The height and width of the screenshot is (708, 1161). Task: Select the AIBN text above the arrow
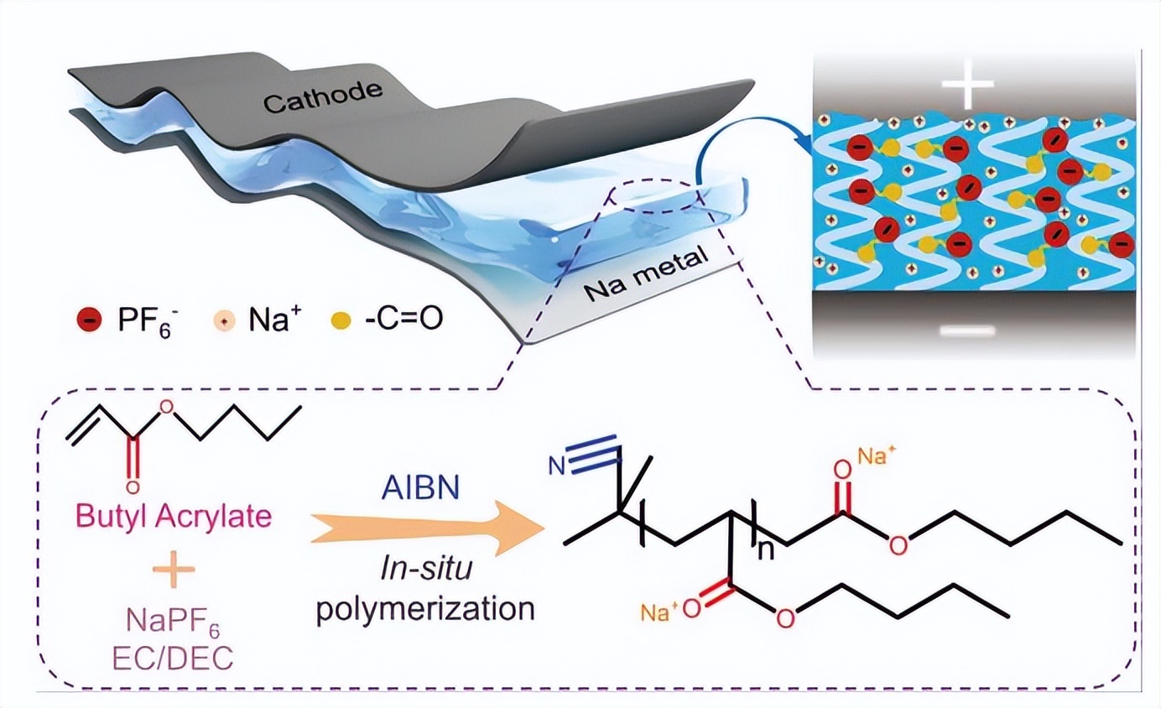tap(419, 488)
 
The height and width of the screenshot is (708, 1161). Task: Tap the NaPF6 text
tap(174, 622)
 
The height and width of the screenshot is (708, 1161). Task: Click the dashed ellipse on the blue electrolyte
tap(659, 195)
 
